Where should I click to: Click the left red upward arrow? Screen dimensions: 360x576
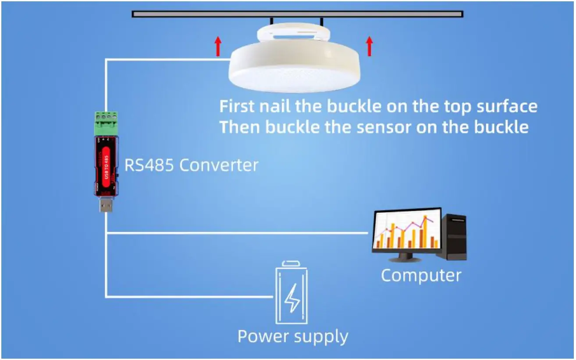click(218, 46)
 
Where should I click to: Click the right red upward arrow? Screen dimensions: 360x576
click(369, 46)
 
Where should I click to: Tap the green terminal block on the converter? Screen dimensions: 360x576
click(106, 123)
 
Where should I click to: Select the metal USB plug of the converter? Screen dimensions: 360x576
click(106, 205)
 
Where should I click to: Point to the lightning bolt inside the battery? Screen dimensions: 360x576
click(291, 299)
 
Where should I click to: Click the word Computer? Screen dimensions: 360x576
click(421, 276)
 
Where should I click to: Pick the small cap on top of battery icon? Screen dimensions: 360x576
click(291, 263)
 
